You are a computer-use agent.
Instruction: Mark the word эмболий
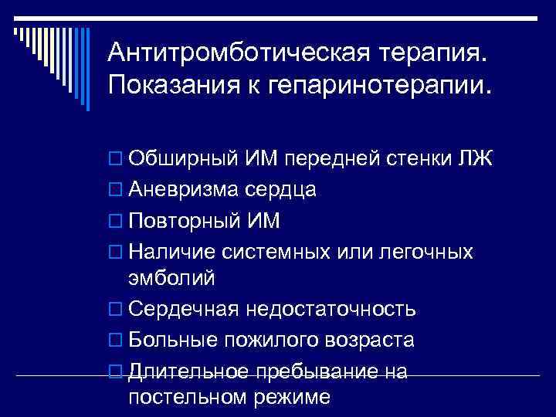[171, 277]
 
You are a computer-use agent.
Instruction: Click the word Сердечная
[182, 310]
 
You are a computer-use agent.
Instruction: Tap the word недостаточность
[331, 310]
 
